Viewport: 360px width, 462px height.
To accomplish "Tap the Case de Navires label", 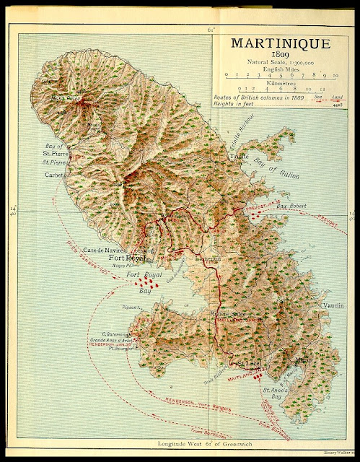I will (107, 250).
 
